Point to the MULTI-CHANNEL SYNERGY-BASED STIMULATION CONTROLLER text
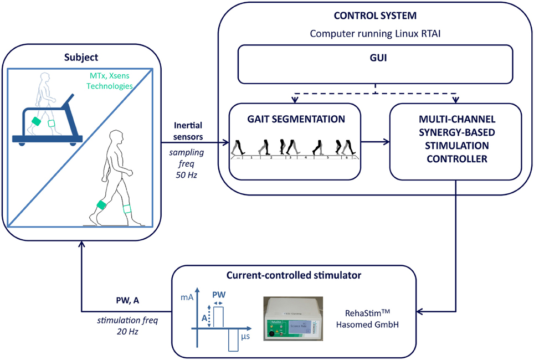click(456, 140)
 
